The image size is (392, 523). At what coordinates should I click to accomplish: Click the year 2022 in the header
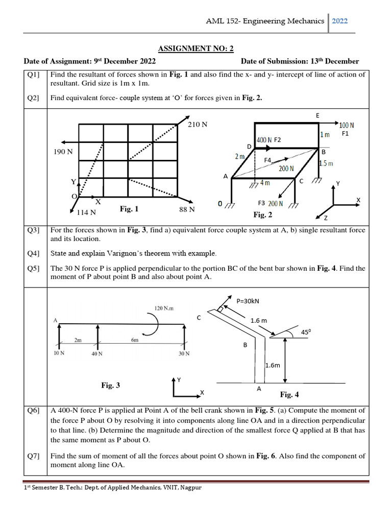tap(340, 21)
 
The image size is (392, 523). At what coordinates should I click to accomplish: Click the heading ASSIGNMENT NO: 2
tap(195, 49)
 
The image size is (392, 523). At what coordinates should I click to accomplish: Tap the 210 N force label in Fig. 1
tap(198, 124)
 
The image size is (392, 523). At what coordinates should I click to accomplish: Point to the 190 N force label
tap(63, 152)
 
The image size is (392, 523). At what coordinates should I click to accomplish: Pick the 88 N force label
tap(187, 209)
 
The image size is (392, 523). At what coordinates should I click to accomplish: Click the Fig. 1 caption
tap(129, 209)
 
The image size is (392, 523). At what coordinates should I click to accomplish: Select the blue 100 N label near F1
tap(347, 125)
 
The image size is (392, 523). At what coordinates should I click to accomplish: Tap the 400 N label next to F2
tap(264, 139)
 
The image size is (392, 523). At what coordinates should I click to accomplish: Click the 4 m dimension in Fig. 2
tap(265, 183)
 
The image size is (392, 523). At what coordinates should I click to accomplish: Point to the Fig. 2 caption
tap(263, 215)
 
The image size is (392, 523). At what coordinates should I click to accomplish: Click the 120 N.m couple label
tap(164, 308)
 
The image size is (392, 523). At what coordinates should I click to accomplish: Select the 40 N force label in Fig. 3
tap(97, 353)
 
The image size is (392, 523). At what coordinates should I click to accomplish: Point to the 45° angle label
tap(306, 332)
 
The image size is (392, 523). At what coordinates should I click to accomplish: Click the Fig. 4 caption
tap(289, 394)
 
